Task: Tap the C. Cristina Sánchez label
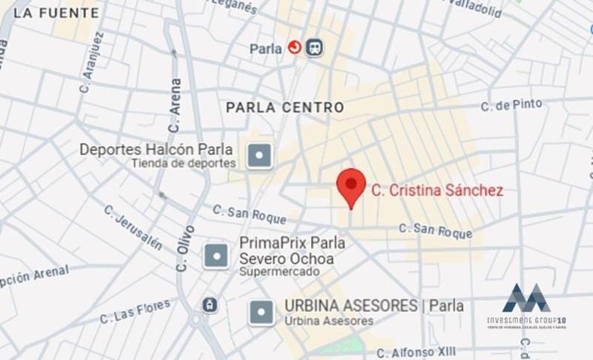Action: pos(437,190)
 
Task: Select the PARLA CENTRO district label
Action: pos(285,107)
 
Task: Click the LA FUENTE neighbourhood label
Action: pos(56,13)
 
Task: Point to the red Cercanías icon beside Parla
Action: pos(295,48)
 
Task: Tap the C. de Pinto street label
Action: pos(512,105)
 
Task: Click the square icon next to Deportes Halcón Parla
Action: pos(259,156)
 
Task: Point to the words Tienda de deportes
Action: pos(184,163)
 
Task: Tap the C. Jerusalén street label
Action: pos(133,227)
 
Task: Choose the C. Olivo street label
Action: pos(184,248)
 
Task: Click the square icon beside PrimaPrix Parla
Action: pos(216,256)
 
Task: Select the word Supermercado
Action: pos(279,271)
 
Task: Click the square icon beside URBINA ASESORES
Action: pos(261,312)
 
